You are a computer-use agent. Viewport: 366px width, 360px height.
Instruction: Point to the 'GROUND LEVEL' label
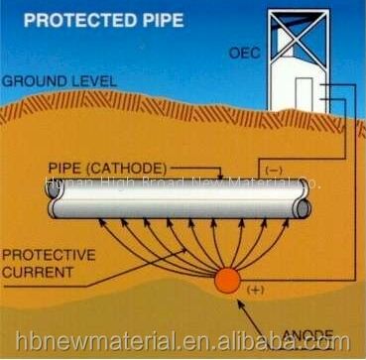(x=51, y=80)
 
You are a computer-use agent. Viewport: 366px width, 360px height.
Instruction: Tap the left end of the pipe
(x=52, y=200)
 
